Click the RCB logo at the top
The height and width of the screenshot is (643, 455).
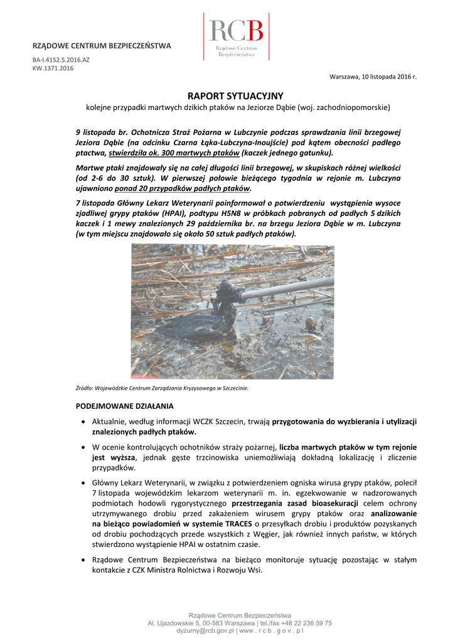(236, 38)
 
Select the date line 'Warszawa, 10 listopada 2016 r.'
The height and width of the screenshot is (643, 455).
(373, 77)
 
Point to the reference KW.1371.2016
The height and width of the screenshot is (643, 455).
(53, 68)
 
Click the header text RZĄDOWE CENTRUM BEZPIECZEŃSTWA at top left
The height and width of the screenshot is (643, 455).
(102, 46)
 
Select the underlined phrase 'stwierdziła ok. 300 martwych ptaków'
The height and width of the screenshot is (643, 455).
(173, 153)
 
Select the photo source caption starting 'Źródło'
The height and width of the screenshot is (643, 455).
(162, 388)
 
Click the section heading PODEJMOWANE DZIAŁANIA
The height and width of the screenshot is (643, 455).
(125, 406)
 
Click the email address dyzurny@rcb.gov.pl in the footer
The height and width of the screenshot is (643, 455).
(205, 630)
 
